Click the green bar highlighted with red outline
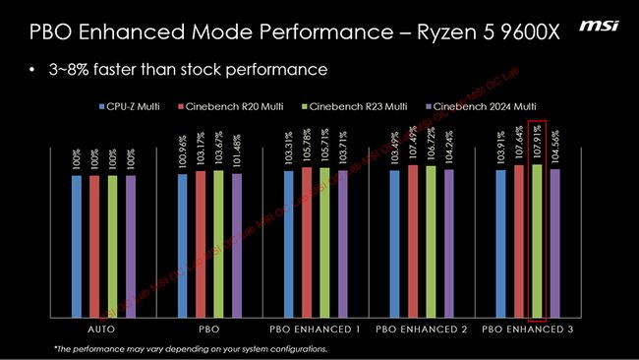coord(537,241)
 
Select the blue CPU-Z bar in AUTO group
coord(76,246)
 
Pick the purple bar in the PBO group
coord(236,245)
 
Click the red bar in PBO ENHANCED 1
coord(307,242)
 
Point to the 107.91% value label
coord(537,139)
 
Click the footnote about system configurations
coord(190,349)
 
